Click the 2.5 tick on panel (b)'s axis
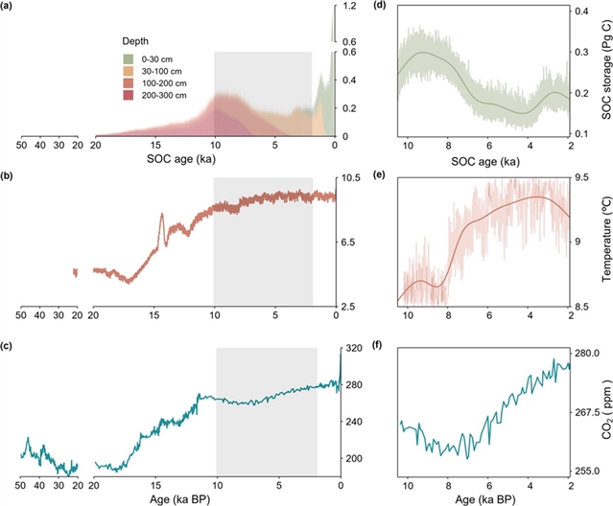(x=350, y=307)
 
